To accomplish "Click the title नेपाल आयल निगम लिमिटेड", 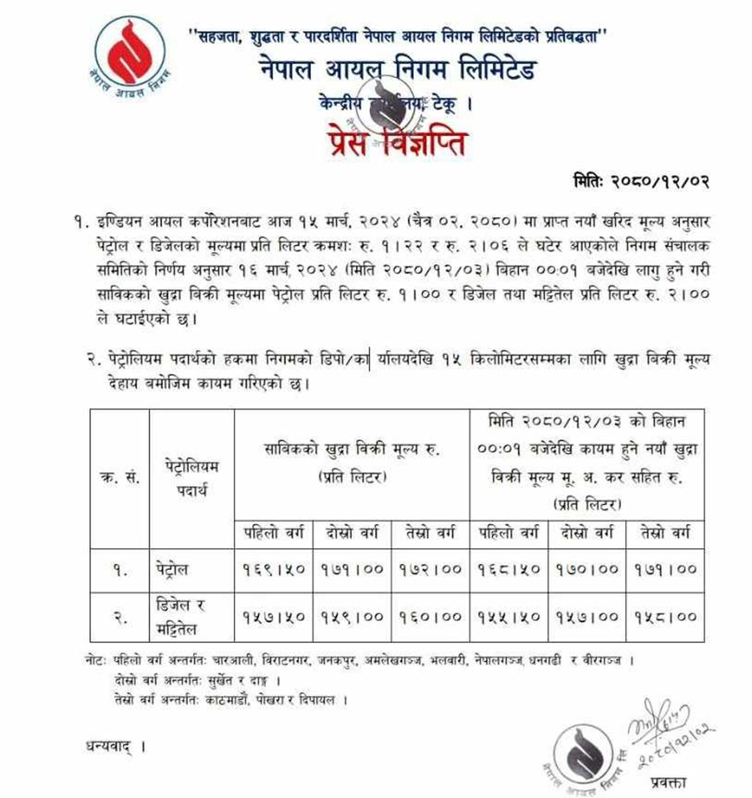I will pos(397,70).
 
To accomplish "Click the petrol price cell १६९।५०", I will pos(274,570).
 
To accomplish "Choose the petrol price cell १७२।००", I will pos(430,570).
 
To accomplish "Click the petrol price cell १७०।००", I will pos(587,570).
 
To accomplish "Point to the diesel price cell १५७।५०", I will pos(274,617).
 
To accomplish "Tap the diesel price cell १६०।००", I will pos(430,617).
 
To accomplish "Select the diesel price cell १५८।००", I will pos(665,617).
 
